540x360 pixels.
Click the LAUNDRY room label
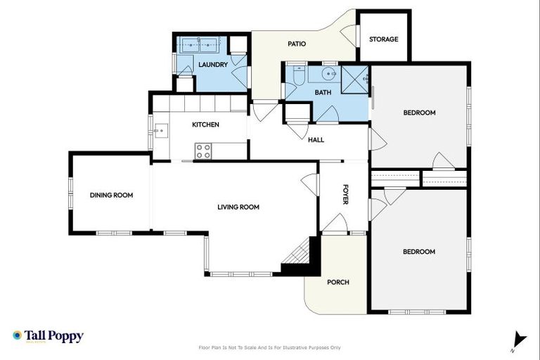(x=212, y=65)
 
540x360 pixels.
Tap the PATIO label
(x=297, y=44)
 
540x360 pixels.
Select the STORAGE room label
(x=383, y=39)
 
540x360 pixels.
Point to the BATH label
(x=323, y=92)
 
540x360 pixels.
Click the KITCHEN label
(x=205, y=124)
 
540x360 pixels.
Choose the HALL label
(x=316, y=140)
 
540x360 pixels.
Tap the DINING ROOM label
(x=111, y=195)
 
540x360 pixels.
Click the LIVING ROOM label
(x=238, y=207)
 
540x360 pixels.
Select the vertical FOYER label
(x=345, y=195)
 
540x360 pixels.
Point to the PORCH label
(x=338, y=282)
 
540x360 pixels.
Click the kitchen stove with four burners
(x=203, y=150)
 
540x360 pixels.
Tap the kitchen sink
(x=160, y=131)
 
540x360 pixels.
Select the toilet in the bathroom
(x=298, y=75)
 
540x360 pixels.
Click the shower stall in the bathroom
(x=355, y=79)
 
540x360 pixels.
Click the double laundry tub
(x=199, y=45)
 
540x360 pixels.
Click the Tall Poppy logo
(x=48, y=336)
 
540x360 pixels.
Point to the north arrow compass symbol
(x=518, y=340)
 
